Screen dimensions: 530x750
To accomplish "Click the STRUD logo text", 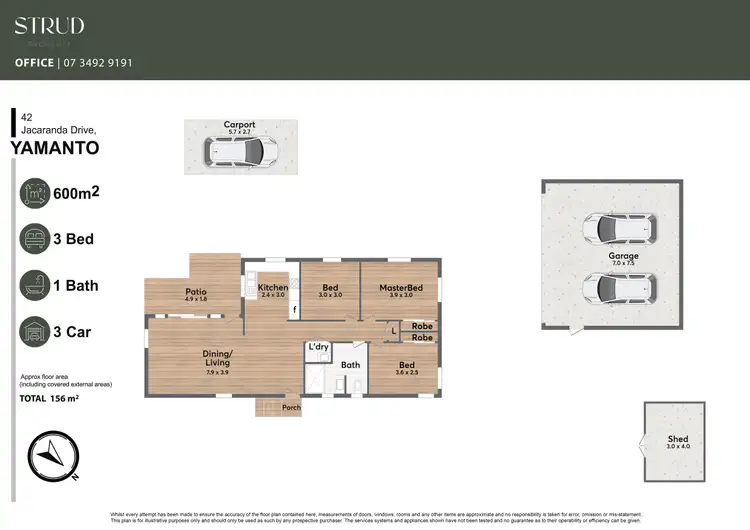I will (49, 26).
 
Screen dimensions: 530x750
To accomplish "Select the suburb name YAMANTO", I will (54, 149).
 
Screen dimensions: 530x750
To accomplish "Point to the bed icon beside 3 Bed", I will (37, 240).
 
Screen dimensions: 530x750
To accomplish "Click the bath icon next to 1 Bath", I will (37, 285).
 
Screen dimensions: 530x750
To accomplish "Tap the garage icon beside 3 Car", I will (37, 331).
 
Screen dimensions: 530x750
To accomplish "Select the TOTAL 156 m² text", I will (49, 398).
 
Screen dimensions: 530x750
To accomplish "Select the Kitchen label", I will (273, 288).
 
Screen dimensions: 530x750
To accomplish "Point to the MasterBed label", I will (401, 288).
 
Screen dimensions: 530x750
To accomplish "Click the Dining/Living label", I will (218, 359).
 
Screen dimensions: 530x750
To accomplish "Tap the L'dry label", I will (318, 347).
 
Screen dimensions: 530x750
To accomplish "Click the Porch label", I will (290, 407).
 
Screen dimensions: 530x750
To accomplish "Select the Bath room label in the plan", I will (350, 365).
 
